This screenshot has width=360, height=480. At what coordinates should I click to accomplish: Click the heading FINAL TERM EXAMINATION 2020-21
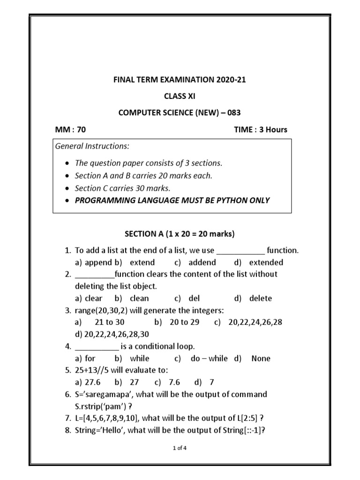(x=180, y=80)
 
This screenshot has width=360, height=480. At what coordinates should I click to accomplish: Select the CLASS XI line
(x=180, y=96)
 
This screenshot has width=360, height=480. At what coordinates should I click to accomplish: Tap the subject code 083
(x=232, y=112)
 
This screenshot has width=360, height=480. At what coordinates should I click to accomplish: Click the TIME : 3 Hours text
(x=261, y=130)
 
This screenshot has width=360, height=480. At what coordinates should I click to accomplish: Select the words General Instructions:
(x=92, y=146)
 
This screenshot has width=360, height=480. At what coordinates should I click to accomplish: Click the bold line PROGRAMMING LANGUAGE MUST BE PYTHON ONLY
(x=172, y=200)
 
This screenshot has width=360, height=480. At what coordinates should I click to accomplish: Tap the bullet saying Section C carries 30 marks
(x=122, y=188)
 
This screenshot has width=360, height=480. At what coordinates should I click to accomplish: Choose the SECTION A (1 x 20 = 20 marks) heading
(x=180, y=233)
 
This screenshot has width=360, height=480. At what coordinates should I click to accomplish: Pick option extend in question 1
(x=142, y=262)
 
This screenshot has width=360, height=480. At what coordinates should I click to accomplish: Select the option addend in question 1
(x=202, y=262)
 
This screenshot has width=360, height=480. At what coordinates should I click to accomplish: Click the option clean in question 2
(x=139, y=298)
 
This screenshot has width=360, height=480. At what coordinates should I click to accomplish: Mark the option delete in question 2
(x=260, y=298)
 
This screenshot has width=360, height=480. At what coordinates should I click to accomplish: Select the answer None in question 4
(x=261, y=358)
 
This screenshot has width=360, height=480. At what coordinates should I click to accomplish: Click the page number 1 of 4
(x=180, y=448)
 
